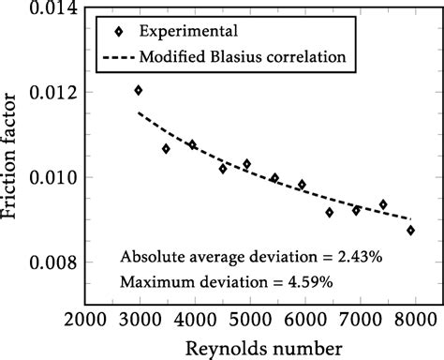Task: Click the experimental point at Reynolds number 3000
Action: [139, 90]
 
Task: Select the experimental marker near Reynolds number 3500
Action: [166, 148]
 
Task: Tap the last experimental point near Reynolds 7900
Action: [410, 230]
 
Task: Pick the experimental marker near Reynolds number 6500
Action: [329, 212]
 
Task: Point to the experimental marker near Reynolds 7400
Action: [383, 204]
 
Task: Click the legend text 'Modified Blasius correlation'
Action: [244, 56]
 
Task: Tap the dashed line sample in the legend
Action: [114, 56]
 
